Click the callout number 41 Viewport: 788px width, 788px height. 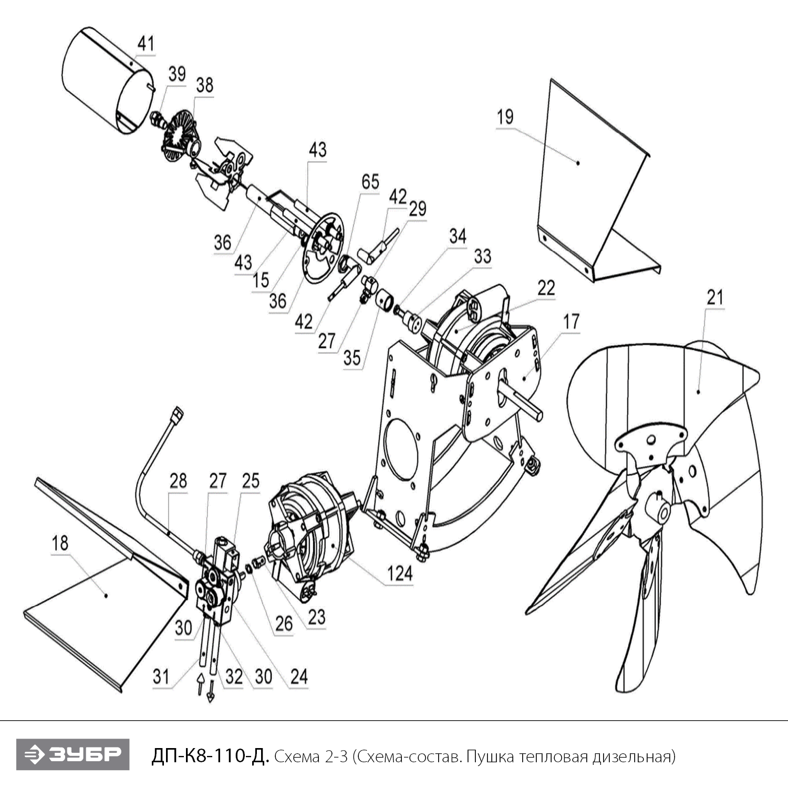point(146,43)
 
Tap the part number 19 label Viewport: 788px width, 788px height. point(505,117)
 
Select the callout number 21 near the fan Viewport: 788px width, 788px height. point(715,297)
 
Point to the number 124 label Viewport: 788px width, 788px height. point(400,573)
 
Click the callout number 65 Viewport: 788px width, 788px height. point(370,182)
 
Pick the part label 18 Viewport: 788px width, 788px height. point(60,543)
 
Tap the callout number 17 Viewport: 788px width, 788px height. point(571,321)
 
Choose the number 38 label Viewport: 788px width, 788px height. point(204,85)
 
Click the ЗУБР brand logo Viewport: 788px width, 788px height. point(72,754)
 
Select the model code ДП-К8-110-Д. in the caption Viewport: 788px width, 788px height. point(210,756)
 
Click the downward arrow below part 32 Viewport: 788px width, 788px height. point(210,691)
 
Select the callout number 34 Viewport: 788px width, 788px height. point(457,236)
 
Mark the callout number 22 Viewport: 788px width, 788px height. point(546,287)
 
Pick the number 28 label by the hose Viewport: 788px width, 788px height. point(178,480)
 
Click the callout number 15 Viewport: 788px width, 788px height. point(261,280)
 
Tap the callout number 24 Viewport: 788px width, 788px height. point(298,676)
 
